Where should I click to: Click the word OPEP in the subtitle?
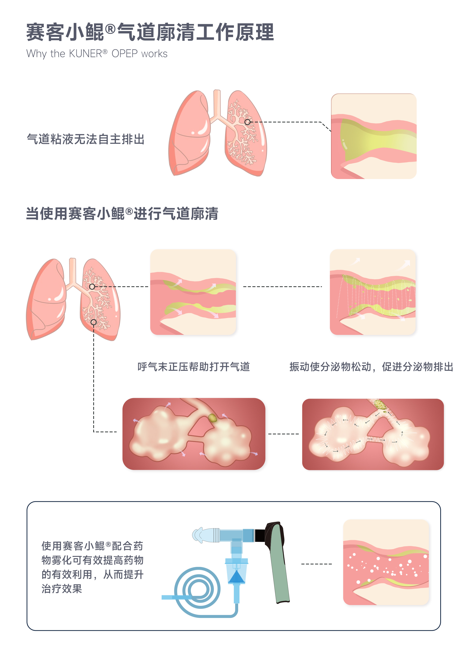(125, 54)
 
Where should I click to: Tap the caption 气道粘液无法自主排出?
(86, 139)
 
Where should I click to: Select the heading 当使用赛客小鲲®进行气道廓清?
(122, 214)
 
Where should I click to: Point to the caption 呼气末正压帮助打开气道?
(194, 367)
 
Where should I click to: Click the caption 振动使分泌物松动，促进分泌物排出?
(371, 367)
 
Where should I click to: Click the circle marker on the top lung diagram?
(247, 122)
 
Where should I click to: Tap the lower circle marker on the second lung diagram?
(93, 322)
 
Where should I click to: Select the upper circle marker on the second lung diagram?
(92, 287)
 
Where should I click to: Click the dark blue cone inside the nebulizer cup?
(236, 577)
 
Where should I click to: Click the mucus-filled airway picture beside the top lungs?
(374, 136)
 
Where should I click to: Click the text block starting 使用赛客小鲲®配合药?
(92, 567)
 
